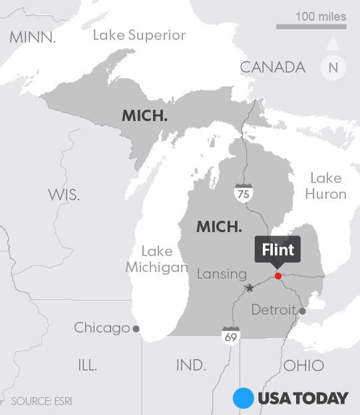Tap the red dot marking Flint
pyautogui.click(x=278, y=275)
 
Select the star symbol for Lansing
pyautogui.click(x=250, y=288)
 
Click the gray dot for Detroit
pyautogui.click(x=302, y=311)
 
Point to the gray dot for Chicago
pyautogui.click(x=136, y=328)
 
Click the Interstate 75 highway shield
pyautogui.click(x=243, y=193)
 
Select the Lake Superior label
pyautogui.click(x=139, y=35)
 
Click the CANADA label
pyautogui.click(x=272, y=67)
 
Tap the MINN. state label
pyautogui.click(x=33, y=37)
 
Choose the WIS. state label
pyautogui.click(x=64, y=195)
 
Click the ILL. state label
pyautogui.click(x=87, y=365)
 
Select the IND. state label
pyautogui.click(x=191, y=365)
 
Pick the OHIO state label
pyautogui.click(x=303, y=365)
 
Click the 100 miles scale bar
pyautogui.click(x=311, y=27)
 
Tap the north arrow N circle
pyautogui.click(x=333, y=67)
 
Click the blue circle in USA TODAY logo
pyautogui.click(x=244, y=398)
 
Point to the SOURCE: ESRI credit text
pyautogui.click(x=41, y=401)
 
